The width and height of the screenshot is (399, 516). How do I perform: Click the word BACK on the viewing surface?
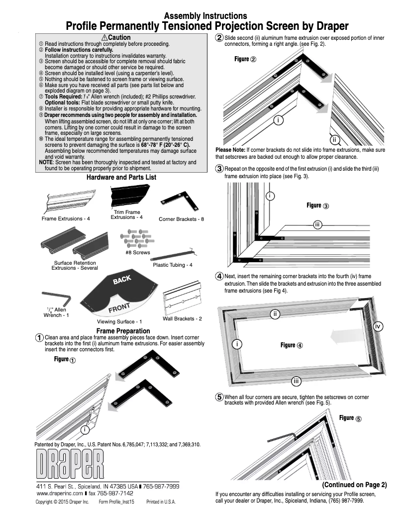click(x=122, y=280)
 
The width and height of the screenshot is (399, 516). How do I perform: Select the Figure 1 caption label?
click(x=65, y=359)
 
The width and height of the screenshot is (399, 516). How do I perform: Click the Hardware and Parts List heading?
click(x=121, y=177)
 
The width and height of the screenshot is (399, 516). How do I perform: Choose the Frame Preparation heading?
click(x=123, y=331)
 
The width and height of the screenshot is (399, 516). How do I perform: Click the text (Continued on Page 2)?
click(x=354, y=485)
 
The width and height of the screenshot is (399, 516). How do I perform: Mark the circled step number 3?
click(x=219, y=168)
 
